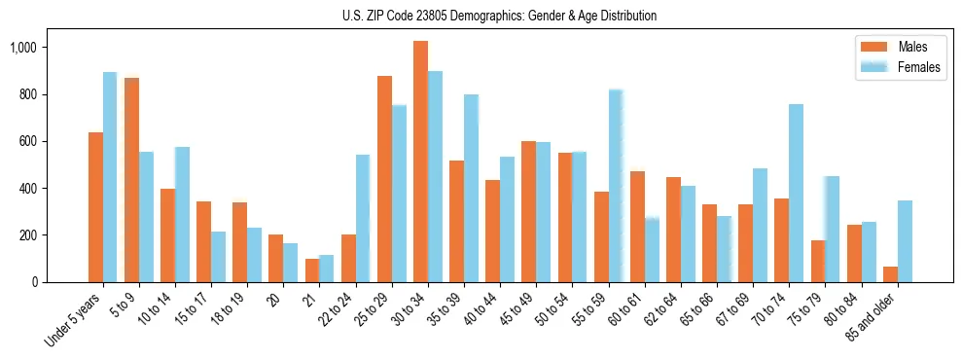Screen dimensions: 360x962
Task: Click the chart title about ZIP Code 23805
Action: (x=499, y=16)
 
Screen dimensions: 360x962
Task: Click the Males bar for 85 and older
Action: (x=890, y=274)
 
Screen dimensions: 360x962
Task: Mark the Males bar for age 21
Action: (x=312, y=270)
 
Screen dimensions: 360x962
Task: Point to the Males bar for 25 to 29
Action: (x=384, y=179)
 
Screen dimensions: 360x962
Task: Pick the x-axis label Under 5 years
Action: (x=74, y=322)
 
